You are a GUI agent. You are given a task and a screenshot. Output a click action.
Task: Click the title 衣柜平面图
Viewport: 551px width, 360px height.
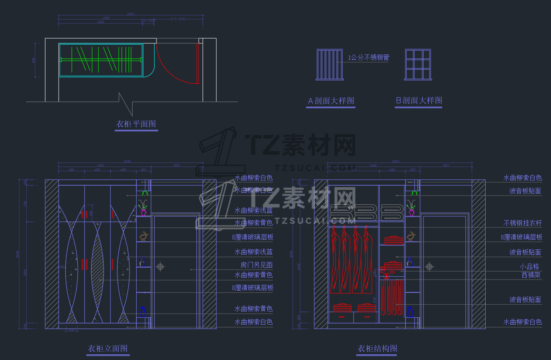tap(136, 124)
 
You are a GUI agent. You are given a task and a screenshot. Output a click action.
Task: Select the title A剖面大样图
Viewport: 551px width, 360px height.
tap(331, 101)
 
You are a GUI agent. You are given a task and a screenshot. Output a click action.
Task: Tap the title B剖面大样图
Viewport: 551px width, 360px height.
tap(419, 100)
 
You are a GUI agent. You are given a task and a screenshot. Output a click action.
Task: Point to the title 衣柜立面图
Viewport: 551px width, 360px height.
tap(108, 349)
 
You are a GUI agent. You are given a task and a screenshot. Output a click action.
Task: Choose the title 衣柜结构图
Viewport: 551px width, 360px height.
tap(377, 349)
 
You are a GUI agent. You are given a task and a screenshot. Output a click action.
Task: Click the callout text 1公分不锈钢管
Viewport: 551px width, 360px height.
tap(369, 57)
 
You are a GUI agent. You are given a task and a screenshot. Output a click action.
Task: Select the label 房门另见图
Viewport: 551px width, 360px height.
tap(257, 265)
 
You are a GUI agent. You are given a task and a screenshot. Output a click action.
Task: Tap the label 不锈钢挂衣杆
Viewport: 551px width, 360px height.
tap(522, 223)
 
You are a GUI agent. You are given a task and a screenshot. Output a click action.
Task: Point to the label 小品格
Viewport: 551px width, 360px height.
tap(529, 266)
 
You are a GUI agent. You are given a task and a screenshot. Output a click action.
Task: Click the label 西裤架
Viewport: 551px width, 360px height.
tap(531, 275)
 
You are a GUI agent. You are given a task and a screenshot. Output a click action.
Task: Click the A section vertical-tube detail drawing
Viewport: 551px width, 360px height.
tap(329, 65)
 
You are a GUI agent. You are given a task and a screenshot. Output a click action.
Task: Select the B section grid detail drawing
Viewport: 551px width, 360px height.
tap(418, 65)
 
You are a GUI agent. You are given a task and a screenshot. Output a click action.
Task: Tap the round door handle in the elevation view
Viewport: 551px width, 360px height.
tap(160, 266)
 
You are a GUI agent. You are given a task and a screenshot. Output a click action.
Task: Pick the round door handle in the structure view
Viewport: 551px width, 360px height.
tap(429, 266)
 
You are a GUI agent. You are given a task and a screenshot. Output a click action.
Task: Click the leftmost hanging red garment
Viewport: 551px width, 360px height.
tap(335, 259)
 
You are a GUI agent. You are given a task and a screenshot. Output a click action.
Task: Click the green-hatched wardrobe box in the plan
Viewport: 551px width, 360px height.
tap(100, 60)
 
